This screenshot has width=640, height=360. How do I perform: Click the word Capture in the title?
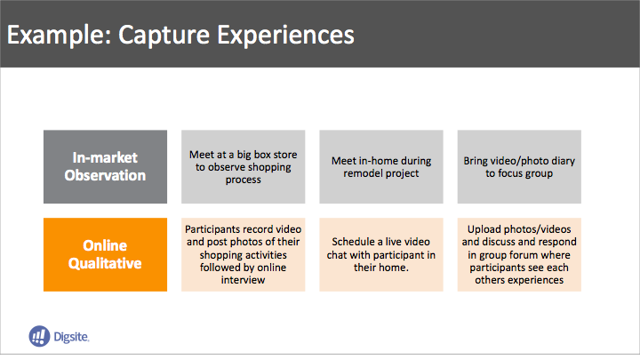164,35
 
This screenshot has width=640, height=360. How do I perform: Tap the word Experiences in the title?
285,35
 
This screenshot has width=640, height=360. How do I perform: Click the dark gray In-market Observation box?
105,166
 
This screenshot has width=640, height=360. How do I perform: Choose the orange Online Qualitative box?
105,254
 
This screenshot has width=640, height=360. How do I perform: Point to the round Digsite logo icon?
39,336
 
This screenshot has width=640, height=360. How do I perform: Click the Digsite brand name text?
71,337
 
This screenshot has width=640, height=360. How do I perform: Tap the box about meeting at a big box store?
244,166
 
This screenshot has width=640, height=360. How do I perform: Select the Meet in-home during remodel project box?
381,166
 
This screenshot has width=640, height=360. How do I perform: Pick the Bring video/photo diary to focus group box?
519,166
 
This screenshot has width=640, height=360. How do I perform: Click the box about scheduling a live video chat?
381,254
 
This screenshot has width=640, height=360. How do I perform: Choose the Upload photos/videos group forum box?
519,254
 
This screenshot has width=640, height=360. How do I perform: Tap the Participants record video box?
244,254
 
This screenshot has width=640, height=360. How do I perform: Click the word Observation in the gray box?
105,175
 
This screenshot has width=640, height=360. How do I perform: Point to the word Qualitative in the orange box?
105,263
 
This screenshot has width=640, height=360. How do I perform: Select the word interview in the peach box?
244,280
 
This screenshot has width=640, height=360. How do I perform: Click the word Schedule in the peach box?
354,242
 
